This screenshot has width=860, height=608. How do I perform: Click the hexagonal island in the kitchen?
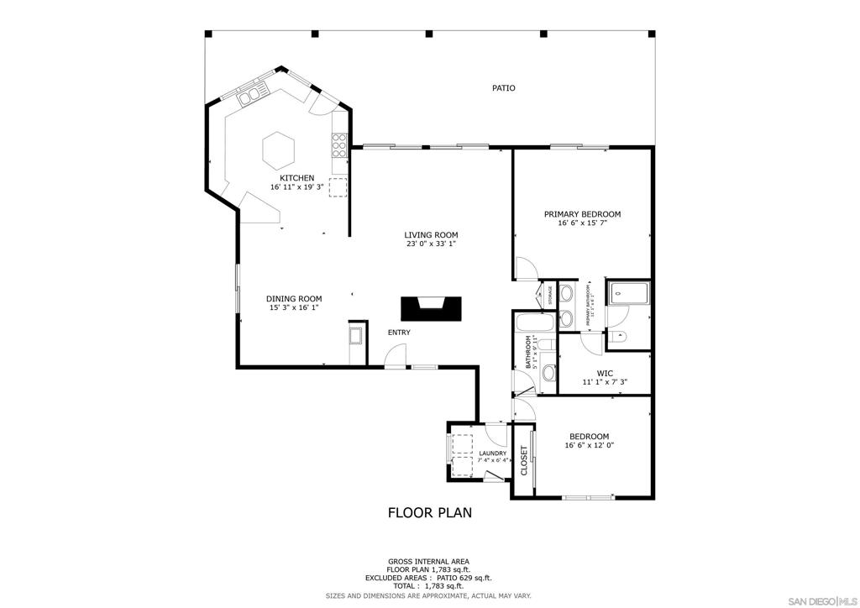point(278,150)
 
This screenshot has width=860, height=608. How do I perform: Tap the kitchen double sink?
point(251,95)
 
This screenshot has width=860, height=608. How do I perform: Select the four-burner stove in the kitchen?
point(340,147)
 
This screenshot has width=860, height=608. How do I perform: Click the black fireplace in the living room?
point(431,308)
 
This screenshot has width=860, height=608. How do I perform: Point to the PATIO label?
point(503,88)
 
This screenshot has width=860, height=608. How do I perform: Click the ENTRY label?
point(399,333)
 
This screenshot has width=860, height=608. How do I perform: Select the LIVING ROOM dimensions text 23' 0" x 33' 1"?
point(431,245)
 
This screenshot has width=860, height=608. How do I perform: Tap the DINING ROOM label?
point(294,299)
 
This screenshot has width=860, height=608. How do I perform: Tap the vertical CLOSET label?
point(524,461)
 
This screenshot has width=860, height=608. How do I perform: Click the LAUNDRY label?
point(492,453)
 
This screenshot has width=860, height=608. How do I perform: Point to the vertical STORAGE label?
point(550,295)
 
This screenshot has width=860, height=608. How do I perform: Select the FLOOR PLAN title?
point(429,512)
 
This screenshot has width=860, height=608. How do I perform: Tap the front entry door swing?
point(391,359)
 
